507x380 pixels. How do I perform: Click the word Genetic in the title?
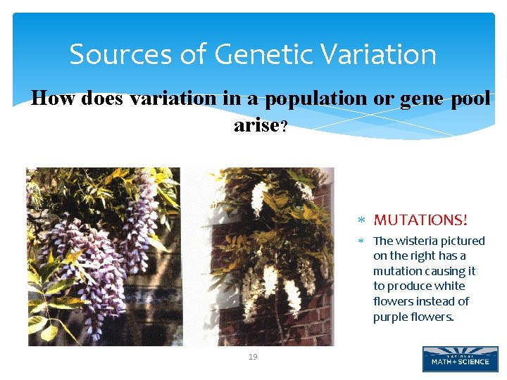[x=251, y=54]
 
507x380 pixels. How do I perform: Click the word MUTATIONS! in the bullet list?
[x=420, y=220]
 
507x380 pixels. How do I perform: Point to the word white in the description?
[x=451, y=286]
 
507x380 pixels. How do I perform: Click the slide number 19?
[x=253, y=357]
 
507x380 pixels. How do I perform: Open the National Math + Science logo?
[x=460, y=358]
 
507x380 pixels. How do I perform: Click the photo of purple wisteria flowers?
[x=104, y=256]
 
